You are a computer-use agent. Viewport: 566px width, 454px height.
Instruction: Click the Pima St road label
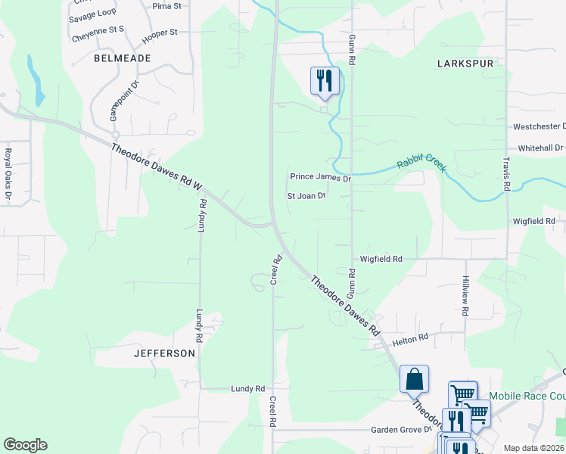[166, 6]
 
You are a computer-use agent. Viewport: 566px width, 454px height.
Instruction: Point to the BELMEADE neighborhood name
[123, 58]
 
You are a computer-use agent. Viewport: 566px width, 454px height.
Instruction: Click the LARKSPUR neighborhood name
[465, 64]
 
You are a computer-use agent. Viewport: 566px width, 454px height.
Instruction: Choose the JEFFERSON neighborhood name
[164, 353]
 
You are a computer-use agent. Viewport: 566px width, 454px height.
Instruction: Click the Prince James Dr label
[321, 178]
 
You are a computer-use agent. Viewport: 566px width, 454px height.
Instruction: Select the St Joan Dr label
[306, 196]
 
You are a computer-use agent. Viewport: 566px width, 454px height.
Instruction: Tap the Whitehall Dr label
[540, 148]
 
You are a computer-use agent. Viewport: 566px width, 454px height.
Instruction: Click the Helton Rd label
[410, 340]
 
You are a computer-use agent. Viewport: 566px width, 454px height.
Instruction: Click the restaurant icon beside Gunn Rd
[325, 80]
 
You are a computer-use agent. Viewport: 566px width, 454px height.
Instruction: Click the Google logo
[25, 445]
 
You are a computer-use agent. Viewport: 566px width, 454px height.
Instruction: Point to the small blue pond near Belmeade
[36, 79]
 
